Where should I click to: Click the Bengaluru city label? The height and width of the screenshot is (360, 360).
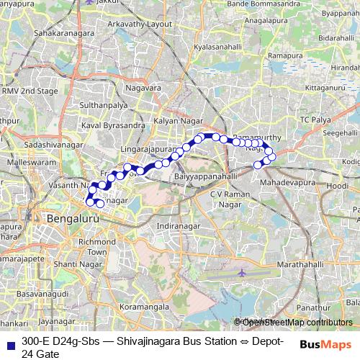(71, 217)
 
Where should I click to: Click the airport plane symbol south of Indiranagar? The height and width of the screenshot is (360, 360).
(241, 274)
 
